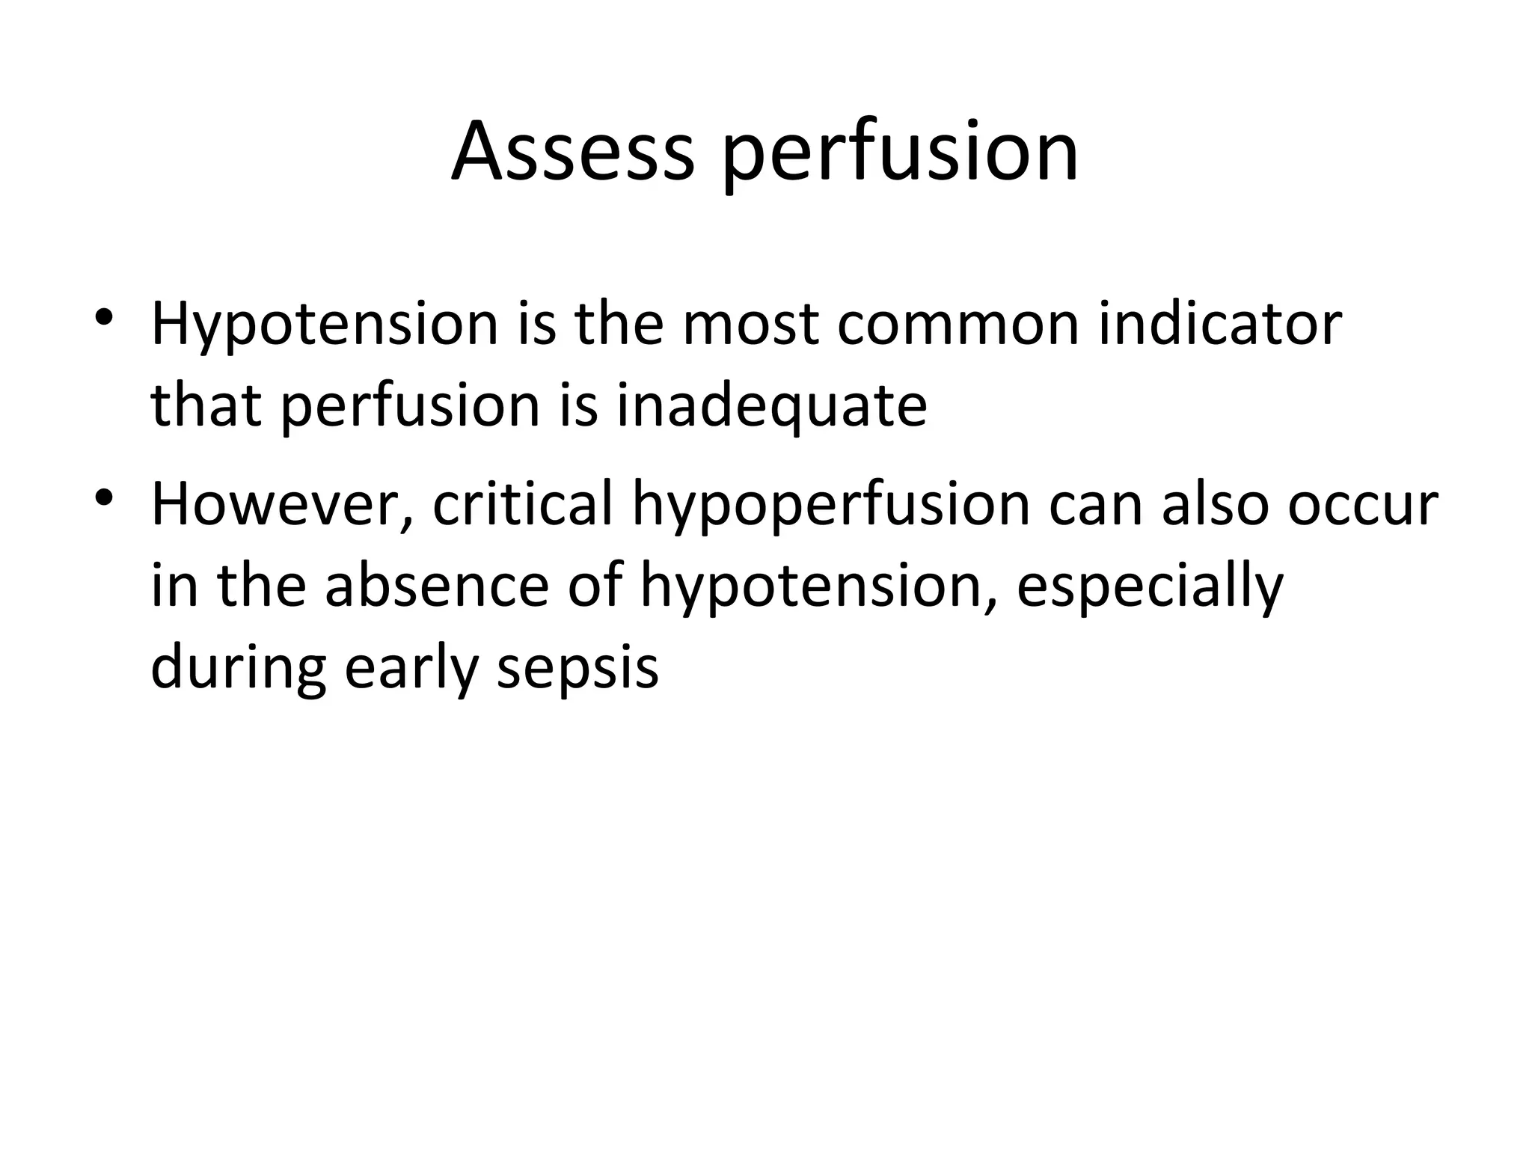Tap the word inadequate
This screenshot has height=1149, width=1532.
click(771, 408)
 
